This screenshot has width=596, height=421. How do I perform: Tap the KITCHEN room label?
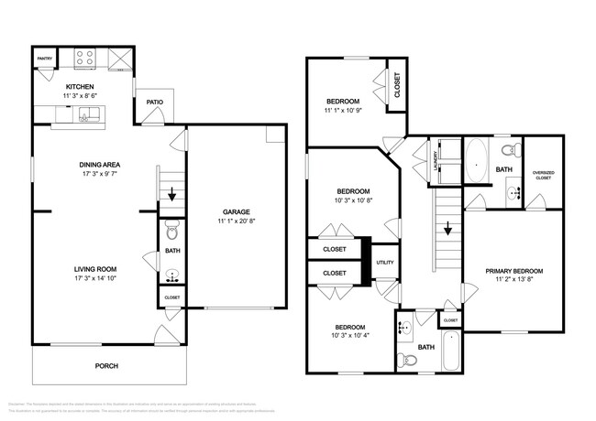point(79,87)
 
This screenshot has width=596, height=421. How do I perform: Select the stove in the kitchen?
point(84,58)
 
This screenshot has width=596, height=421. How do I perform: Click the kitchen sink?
point(88,114)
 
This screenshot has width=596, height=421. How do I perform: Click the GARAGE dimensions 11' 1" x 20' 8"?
point(237,221)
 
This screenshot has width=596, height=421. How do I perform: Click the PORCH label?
point(106,366)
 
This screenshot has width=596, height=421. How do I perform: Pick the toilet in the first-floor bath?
point(171,229)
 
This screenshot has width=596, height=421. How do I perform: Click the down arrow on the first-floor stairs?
point(171,193)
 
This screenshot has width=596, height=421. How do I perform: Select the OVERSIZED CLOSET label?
point(544,175)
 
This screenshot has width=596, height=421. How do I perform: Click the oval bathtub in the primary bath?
point(477,161)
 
